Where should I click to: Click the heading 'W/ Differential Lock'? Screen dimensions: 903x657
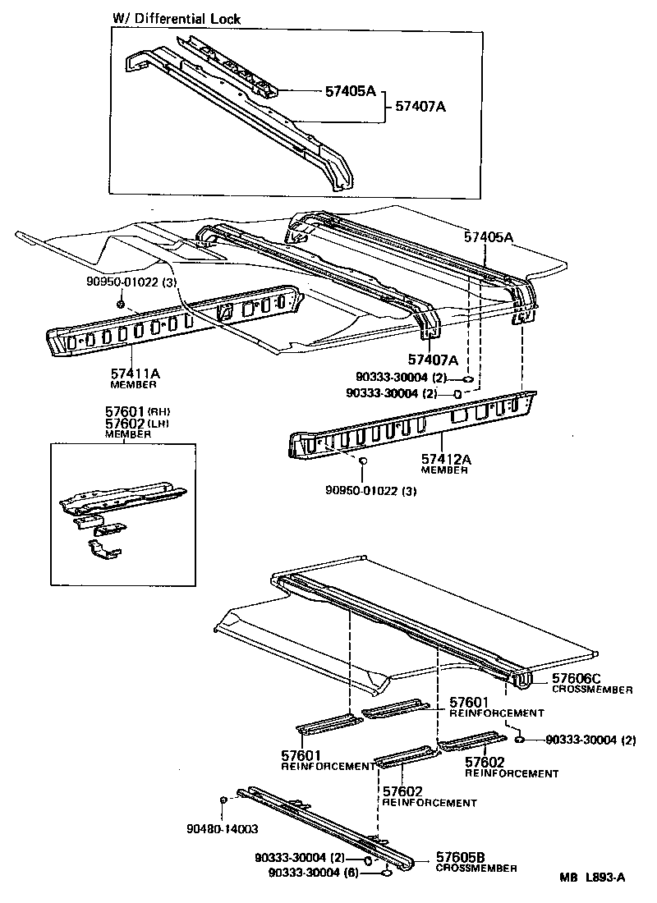tap(177, 19)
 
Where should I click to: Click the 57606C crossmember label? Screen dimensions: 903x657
tap(577, 678)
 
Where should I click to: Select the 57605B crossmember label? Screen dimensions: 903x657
tap(462, 856)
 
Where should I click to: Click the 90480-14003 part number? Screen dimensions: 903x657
tap(222, 829)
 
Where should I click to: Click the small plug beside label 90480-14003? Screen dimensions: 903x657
tap(223, 800)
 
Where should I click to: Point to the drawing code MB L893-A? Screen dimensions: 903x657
tap(592, 878)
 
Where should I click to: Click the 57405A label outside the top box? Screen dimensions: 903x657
tap(489, 237)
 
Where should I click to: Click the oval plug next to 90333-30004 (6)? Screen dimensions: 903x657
tap(385, 873)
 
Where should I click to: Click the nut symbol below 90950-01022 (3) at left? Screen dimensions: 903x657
tap(121, 305)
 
